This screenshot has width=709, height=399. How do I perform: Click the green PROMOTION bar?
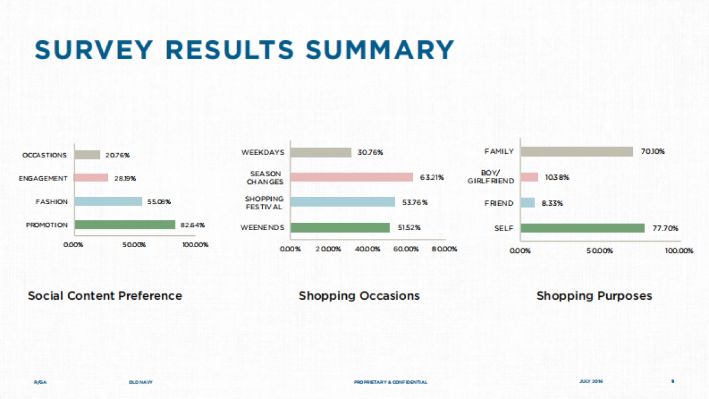[125, 225]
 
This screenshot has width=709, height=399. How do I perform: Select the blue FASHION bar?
[108, 202]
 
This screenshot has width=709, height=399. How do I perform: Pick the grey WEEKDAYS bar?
[321, 153]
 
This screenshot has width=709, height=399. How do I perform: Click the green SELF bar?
[582, 228]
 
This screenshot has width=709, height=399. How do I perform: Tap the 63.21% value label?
[432, 177]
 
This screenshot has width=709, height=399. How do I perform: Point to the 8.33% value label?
[552, 203]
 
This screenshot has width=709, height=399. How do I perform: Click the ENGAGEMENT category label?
[43, 179]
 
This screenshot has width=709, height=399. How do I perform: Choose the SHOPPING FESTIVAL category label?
[264, 203]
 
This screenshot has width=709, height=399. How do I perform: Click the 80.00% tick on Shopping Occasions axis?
[444, 249]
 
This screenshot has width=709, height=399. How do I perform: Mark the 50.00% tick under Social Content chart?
[134, 245]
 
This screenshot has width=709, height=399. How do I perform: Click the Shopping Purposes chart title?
[594, 296]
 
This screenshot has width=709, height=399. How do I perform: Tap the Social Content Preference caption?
[105, 296]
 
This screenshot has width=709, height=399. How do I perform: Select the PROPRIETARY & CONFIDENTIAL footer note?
[390, 382]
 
